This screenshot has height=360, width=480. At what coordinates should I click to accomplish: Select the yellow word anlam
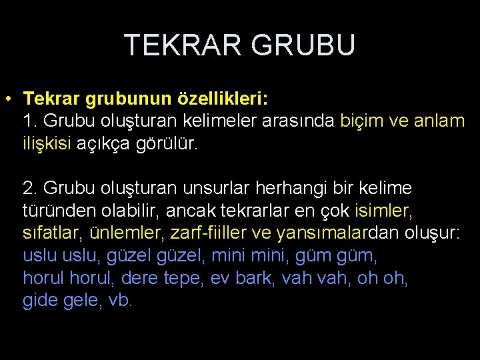(x=439, y=122)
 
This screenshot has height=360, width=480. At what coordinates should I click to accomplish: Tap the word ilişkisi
(x=47, y=144)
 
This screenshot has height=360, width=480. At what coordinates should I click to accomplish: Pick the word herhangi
(x=291, y=189)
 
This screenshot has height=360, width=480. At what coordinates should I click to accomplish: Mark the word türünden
(x=57, y=211)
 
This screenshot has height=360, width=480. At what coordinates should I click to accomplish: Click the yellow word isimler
(x=383, y=211)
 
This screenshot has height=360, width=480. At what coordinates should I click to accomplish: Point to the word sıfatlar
(x=51, y=233)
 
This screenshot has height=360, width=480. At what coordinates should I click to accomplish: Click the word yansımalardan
(x=323, y=233)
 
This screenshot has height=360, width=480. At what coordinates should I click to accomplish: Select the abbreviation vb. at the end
(x=121, y=300)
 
